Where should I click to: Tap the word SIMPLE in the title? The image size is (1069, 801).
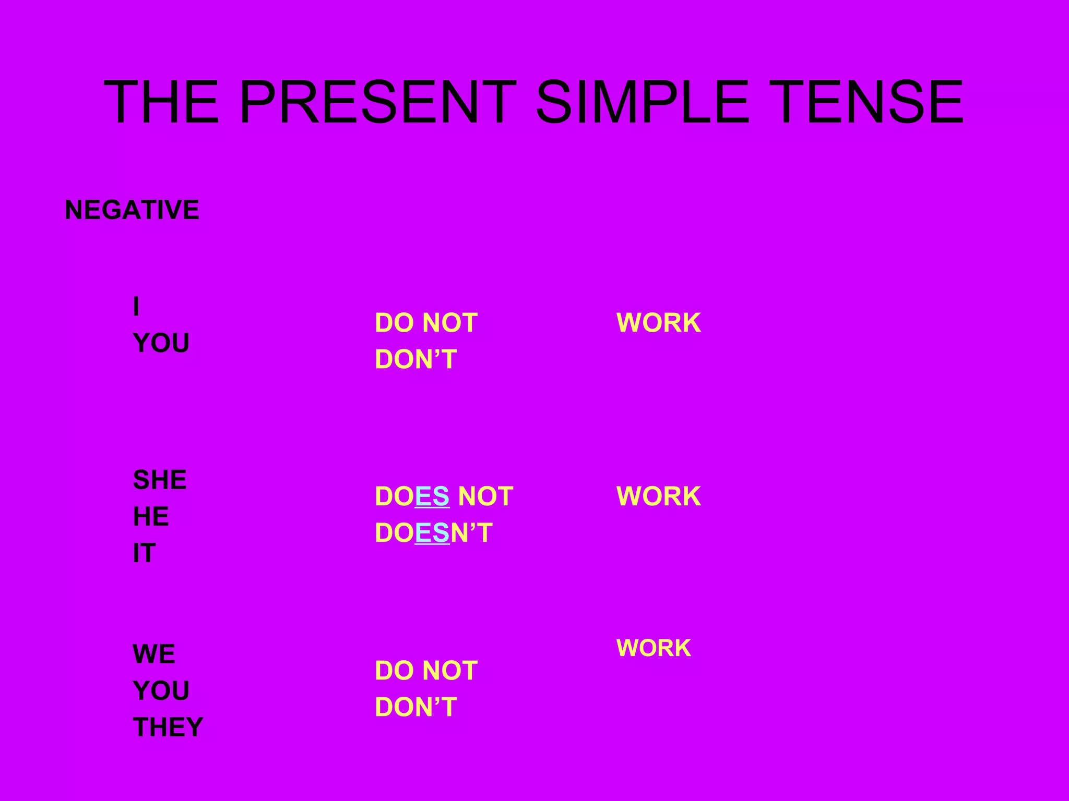(x=643, y=102)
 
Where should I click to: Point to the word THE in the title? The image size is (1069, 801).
(x=161, y=102)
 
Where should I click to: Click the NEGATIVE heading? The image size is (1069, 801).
(x=132, y=210)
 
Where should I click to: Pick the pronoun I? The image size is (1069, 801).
(x=136, y=306)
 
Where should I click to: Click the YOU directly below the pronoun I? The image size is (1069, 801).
(x=161, y=343)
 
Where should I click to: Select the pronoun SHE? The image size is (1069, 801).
(x=160, y=480)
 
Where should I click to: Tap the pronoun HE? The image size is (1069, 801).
(x=151, y=517)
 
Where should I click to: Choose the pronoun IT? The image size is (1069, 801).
(x=144, y=553)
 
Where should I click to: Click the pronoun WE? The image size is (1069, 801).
(x=154, y=654)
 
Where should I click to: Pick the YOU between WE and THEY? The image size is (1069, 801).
(x=161, y=691)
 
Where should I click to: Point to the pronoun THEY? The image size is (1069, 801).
(x=168, y=727)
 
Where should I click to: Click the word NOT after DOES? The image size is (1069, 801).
(x=485, y=496)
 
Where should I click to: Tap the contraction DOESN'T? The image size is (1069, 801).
(x=434, y=533)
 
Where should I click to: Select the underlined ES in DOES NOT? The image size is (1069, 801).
(x=432, y=496)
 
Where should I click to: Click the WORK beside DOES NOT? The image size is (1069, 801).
(x=659, y=496)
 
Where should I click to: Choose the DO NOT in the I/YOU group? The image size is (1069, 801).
(x=426, y=323)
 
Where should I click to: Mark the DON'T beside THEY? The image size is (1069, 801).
(x=416, y=707)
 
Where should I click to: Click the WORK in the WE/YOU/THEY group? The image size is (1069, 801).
(x=654, y=648)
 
